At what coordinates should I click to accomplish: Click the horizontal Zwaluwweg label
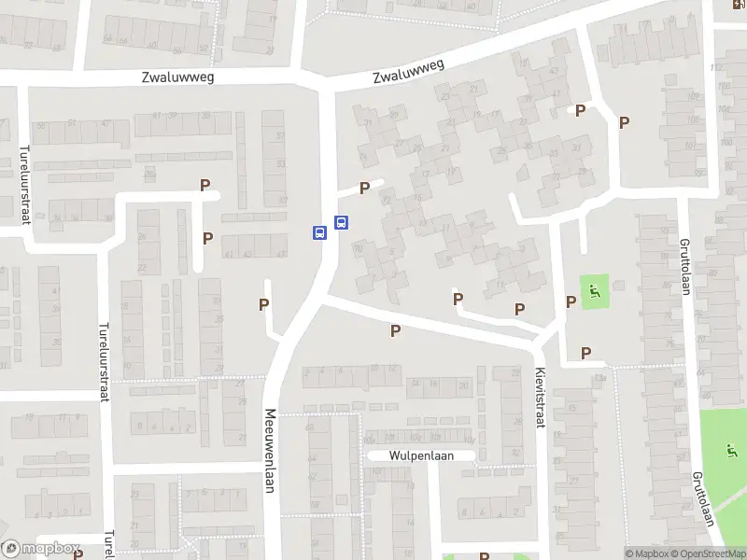178,77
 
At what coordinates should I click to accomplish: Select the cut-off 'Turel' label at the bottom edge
109,543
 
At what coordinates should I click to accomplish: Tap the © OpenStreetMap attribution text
708,553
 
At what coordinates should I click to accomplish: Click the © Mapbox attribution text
648,553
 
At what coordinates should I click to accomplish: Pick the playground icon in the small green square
594,292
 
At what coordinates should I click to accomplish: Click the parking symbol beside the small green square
571,301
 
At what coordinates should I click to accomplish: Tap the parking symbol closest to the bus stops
364,188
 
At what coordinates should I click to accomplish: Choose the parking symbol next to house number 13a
585,353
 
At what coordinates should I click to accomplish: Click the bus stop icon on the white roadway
319,232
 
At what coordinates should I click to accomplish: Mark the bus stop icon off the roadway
342,223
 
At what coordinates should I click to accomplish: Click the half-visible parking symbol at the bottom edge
484,556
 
